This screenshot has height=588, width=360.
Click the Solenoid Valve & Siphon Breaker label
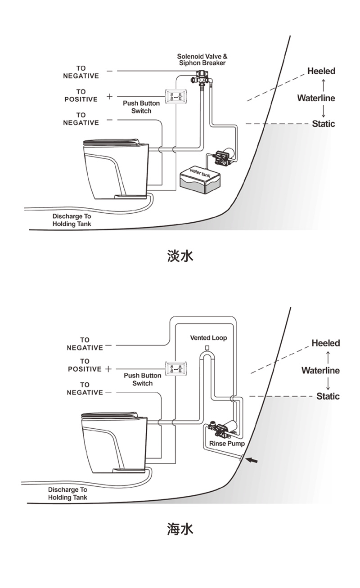point(202,59)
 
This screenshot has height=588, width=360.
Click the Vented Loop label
point(208,337)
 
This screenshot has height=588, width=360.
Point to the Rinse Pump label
point(227,443)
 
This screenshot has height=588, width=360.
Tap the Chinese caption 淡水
point(180,256)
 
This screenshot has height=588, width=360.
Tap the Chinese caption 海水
point(180,529)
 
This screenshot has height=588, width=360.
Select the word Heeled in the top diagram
point(321,71)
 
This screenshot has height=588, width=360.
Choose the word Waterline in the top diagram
point(316,98)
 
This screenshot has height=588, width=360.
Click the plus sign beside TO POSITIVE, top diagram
point(109,96)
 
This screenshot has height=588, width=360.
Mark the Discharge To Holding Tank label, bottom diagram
point(67,493)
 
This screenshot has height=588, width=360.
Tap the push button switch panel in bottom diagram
point(173,368)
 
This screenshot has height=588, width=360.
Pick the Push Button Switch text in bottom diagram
point(142,379)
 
